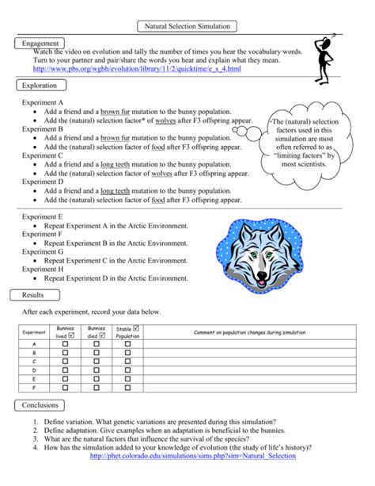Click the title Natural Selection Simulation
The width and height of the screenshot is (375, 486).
point(187,26)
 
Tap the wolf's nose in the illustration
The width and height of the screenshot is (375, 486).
point(263,274)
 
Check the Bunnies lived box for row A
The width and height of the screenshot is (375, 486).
point(66,345)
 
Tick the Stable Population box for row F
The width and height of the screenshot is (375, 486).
point(127,389)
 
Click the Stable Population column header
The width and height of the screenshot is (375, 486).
point(127,331)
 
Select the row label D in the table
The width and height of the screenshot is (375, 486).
point(34,371)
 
